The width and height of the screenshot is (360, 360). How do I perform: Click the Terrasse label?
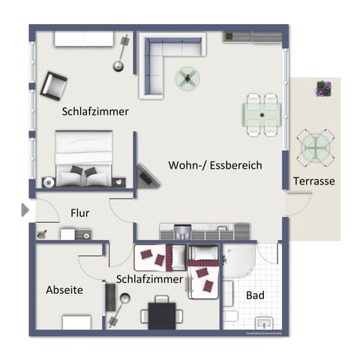coord(314,181)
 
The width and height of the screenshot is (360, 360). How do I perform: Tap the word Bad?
coord(255,295)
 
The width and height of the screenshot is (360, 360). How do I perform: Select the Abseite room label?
coord(64,289)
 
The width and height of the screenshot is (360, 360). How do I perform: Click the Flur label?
coord(80,213)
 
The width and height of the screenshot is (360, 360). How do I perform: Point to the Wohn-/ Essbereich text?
coord(215,165)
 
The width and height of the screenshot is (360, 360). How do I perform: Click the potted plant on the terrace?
coord(323,88)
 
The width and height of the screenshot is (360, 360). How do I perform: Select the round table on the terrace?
coord(315,148)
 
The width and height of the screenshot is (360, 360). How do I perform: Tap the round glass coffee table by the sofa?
coord(187,76)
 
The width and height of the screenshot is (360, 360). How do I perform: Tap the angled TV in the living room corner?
coord(147,176)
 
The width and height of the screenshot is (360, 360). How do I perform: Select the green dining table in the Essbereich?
coord(262,115)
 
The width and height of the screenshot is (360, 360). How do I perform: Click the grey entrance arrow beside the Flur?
coord(25,211)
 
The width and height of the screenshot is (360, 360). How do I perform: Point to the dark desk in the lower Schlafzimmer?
coord(160,313)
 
